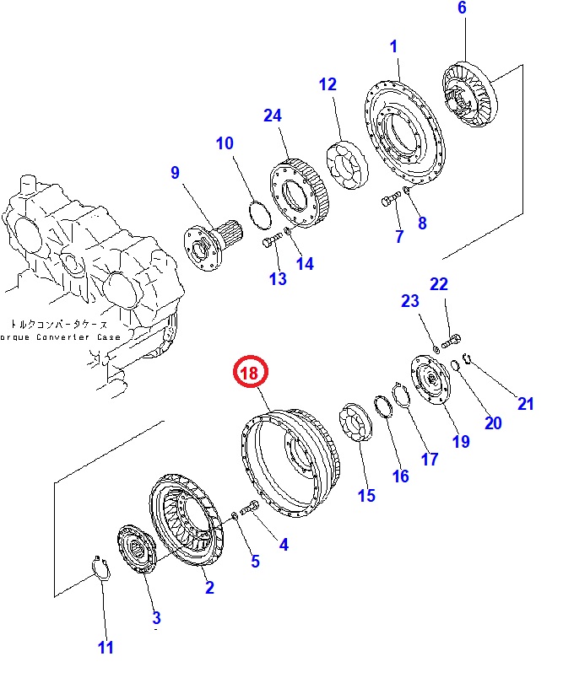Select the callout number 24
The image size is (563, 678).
[x=273, y=116]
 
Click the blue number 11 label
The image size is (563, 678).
[x=105, y=648]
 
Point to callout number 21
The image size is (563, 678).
[x=525, y=404]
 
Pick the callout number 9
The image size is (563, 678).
[x=175, y=173]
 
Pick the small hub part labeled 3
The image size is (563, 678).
[x=137, y=552]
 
